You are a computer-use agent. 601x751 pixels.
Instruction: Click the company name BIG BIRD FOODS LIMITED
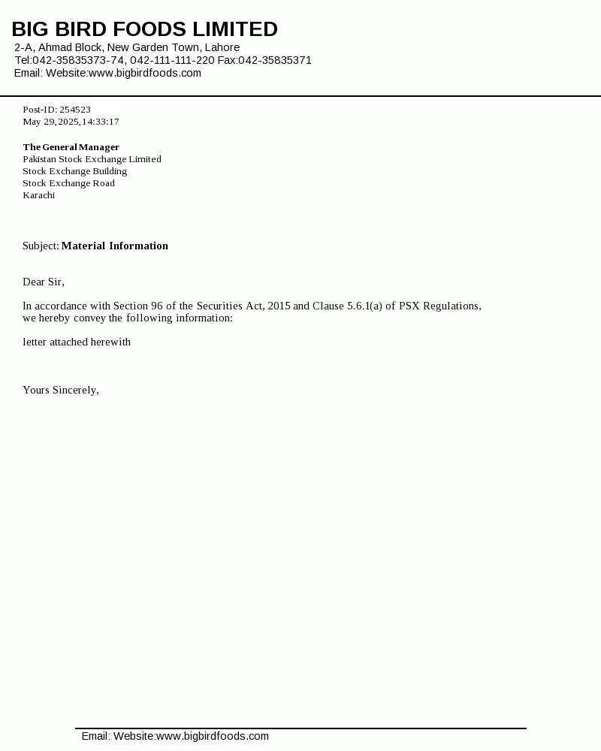144,29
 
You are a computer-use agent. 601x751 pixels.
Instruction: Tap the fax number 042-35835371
275,60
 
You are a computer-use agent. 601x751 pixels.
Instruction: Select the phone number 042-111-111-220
172,60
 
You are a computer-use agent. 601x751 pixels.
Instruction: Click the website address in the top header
145,73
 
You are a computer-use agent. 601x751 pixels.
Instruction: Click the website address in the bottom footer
212,736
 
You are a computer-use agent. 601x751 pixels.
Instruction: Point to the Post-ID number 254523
75,110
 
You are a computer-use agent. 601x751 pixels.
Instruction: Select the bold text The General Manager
71,147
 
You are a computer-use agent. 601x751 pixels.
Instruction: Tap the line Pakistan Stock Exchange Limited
92,159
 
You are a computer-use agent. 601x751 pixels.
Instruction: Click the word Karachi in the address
38,195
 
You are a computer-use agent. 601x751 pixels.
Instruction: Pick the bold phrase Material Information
115,246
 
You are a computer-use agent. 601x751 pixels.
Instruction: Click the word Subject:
41,246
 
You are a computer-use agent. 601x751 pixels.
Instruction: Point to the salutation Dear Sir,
44,282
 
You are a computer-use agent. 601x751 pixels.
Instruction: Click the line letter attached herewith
77,342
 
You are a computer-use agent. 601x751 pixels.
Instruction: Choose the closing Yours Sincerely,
61,390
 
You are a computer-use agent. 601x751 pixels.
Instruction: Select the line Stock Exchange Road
68,183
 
